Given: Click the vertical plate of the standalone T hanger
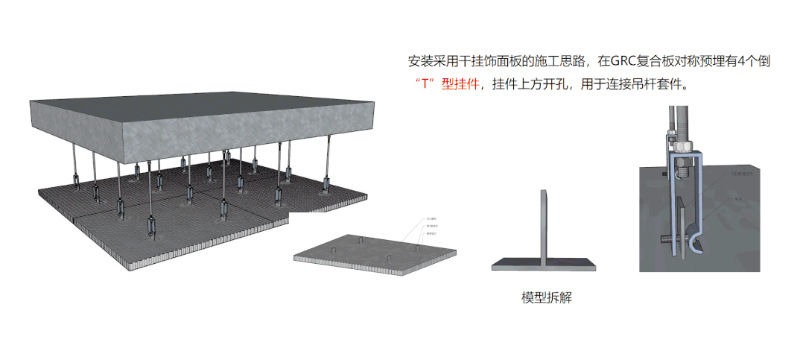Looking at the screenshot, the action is point(545,224).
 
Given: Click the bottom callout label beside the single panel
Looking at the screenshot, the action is point(431,233).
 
